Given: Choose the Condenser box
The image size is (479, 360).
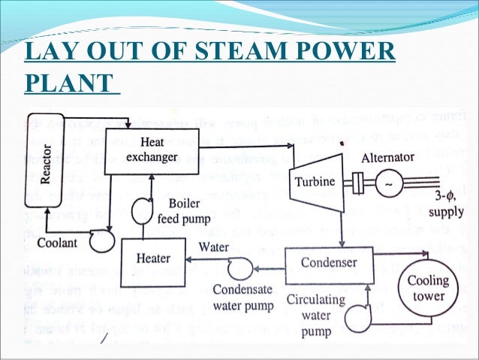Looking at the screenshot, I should tap(329, 263).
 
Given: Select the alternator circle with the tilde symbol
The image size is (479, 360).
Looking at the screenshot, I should tap(390, 183).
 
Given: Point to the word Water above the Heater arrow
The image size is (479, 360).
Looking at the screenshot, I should tap(215, 245).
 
